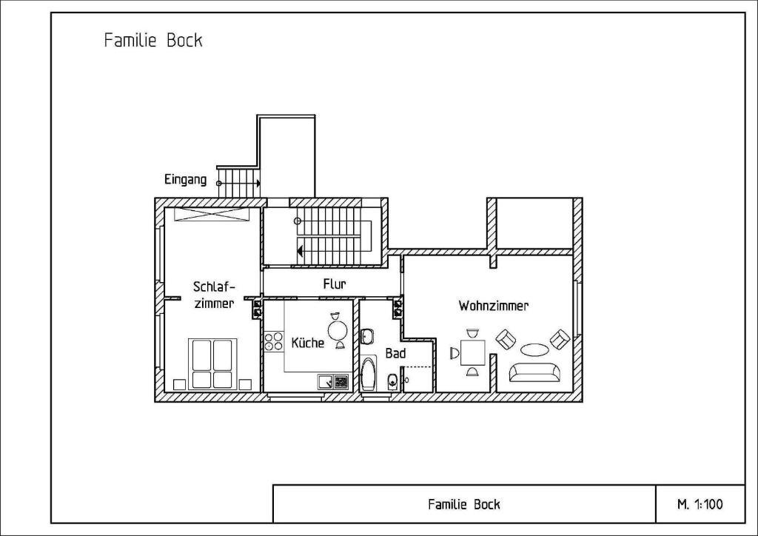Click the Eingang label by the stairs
[x=185, y=180]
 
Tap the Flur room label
[x=335, y=284]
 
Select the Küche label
[x=307, y=342]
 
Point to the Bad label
[x=395, y=353]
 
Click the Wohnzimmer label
[x=493, y=306]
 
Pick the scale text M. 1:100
[x=700, y=505]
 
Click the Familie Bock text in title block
[x=464, y=505]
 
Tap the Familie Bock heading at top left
[x=153, y=40]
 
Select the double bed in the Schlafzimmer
[x=212, y=364]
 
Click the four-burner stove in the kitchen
[x=274, y=341]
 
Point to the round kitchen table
[x=338, y=331]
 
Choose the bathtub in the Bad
[x=369, y=374]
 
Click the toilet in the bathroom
[x=392, y=381]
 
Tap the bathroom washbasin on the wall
[x=366, y=336]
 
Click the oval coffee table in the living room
[x=534, y=349]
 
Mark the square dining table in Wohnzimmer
[x=472, y=353]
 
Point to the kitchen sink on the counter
[x=326, y=382]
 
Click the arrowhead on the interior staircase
[x=301, y=251]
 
